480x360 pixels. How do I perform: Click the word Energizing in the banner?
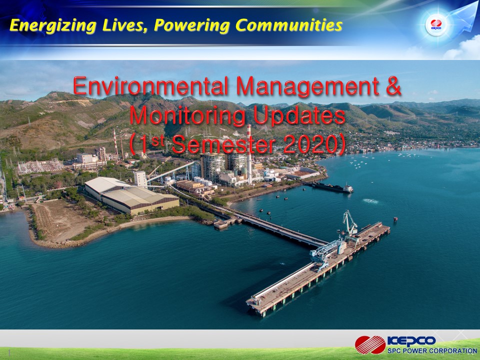click(53, 25)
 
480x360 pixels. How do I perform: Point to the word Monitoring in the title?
click(187, 116)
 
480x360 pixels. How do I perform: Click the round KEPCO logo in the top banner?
click(436, 25)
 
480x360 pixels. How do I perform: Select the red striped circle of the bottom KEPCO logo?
click(370, 344)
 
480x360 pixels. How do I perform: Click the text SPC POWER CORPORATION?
click(432, 351)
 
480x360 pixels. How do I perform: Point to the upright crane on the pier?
click(349, 223)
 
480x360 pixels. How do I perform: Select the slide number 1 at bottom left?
click(9, 352)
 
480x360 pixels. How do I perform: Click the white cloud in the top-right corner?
click(462, 49)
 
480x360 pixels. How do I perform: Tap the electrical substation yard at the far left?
click(40, 166)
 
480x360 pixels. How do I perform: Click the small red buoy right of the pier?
click(395, 219)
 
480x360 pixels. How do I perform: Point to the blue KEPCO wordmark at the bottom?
click(411, 341)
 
